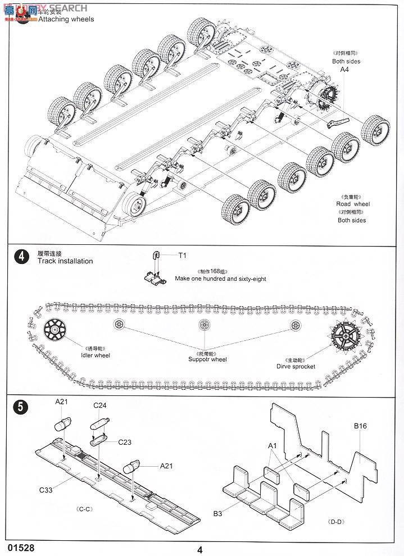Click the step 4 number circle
pyautogui.click(x=21, y=257)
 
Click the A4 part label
pyautogui.click(x=345, y=70)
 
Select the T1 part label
pyautogui.click(x=182, y=256)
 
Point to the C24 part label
pyautogui.click(x=100, y=405)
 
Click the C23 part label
pyautogui.click(x=125, y=442)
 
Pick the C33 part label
pyautogui.click(x=46, y=490)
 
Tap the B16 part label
pyautogui.click(x=360, y=426)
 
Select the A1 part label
pyautogui.click(x=273, y=445)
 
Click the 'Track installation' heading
pyautogui.click(x=65, y=261)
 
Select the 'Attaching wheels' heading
pyautogui.click(x=66, y=19)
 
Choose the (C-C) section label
pyautogui.click(x=85, y=509)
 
